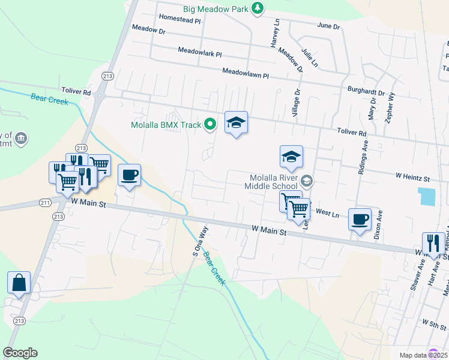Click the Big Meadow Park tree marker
point(257,8)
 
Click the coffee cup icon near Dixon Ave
point(360,219)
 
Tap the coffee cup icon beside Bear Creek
point(130,175)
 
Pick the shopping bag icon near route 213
point(19,282)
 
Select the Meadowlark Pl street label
point(200,53)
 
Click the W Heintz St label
point(412,178)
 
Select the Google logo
point(20,353)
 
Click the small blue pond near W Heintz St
point(428,196)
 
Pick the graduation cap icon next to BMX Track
point(236,123)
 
